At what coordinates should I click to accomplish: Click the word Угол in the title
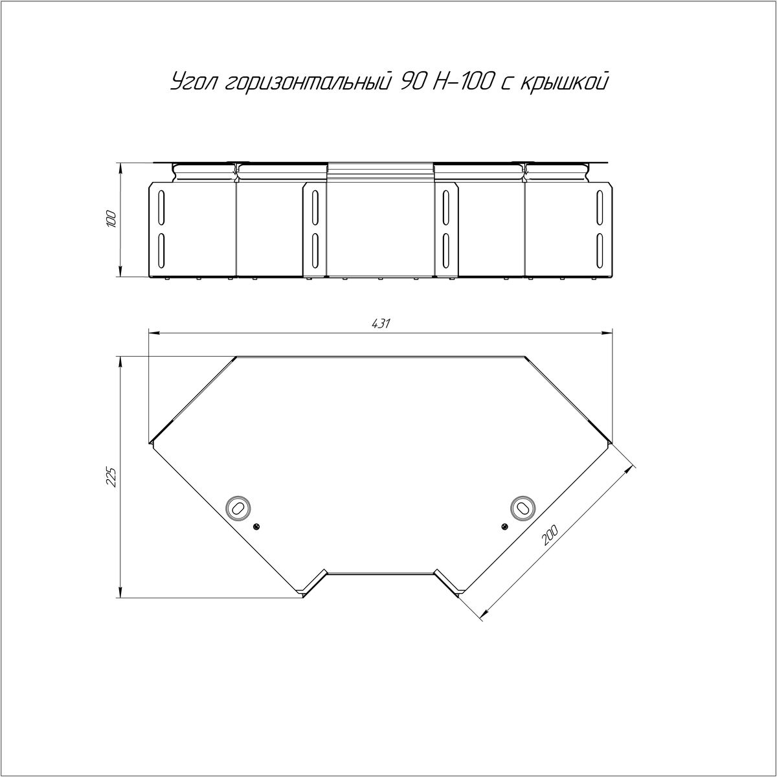(194, 83)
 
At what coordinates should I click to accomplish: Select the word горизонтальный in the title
(308, 83)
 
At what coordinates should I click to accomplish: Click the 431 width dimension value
(381, 323)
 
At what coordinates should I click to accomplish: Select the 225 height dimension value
(111, 477)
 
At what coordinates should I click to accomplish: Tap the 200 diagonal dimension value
(549, 535)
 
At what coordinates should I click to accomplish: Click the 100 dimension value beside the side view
(111, 219)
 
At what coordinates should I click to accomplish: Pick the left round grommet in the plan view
(238, 507)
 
